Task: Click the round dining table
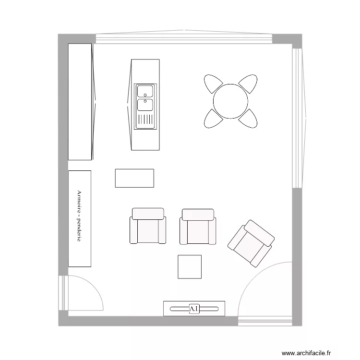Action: (x=230, y=101)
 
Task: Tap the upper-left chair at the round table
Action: (x=212, y=83)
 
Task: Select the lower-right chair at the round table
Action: (x=249, y=119)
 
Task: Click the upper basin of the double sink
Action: (x=145, y=91)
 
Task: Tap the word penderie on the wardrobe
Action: (x=79, y=229)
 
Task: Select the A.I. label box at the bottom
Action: (x=194, y=309)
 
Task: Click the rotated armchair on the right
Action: (x=251, y=243)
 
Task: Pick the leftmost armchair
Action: (x=148, y=226)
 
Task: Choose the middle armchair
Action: (x=198, y=227)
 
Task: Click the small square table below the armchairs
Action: (x=190, y=267)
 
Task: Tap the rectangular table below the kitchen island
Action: (x=134, y=178)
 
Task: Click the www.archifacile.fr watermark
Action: (x=306, y=353)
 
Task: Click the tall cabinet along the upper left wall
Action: (x=80, y=102)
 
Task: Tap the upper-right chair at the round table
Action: (x=249, y=83)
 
